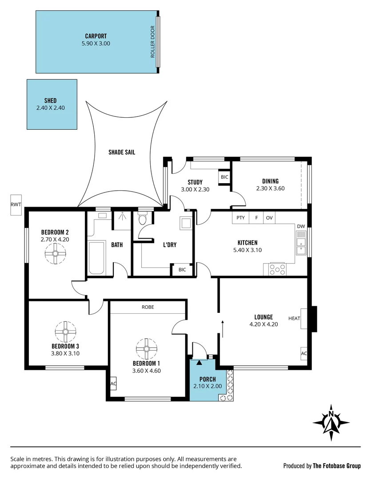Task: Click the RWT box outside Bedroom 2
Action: pos(16,205)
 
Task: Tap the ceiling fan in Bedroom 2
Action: pos(56,254)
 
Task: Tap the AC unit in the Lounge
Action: pos(304,353)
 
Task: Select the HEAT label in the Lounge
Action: pos(294,318)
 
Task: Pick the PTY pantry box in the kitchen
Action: pos(240,218)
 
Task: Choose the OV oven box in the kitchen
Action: pos(269,218)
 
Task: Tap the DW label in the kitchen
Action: pos(301,226)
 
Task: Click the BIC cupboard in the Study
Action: pos(224,177)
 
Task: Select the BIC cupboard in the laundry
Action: pos(182,270)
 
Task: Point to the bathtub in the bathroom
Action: pos(96,258)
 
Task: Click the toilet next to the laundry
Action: pos(143,219)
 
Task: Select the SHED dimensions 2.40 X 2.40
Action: pos(51,108)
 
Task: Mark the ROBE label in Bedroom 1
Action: pos(148,307)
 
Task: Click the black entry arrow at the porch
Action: pos(199,362)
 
